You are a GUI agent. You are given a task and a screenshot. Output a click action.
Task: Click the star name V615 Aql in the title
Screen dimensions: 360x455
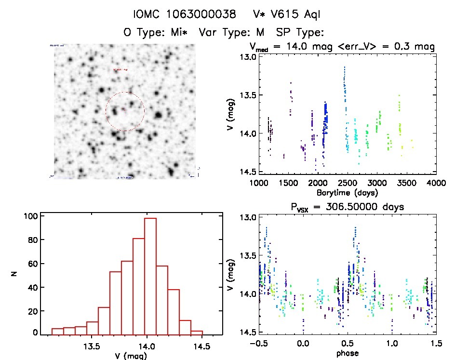[x=286, y=14]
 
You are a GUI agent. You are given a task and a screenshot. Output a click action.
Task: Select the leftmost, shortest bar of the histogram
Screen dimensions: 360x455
[x=57, y=332]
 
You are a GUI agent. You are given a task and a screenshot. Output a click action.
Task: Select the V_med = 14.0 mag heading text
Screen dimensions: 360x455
[x=289, y=47]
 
